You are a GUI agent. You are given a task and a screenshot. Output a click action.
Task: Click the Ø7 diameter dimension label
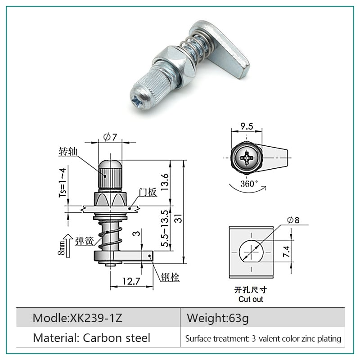110,137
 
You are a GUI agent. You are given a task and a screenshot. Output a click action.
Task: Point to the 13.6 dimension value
165,182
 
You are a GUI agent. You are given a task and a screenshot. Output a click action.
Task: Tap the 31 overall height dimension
178,218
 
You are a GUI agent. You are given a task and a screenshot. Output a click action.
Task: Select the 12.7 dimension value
131,281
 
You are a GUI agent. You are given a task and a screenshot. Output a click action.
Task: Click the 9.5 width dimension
247,126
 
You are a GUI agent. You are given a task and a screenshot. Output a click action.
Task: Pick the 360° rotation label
249,184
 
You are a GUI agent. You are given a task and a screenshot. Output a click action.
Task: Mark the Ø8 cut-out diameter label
293,220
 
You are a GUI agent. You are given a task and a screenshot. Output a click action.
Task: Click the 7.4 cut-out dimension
286,252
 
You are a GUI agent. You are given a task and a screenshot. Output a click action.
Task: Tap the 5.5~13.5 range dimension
165,229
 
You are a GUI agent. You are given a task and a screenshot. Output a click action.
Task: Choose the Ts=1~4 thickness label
63,183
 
